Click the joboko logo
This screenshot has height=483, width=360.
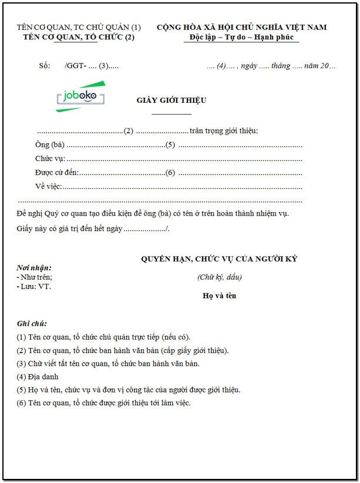pos(80,96)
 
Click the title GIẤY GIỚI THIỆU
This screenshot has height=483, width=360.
pos(171,100)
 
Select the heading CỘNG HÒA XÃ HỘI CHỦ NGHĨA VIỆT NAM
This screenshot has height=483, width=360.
pos(241,27)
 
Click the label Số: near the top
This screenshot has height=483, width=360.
pos(45,66)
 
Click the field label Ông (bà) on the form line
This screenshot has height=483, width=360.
pos(49,145)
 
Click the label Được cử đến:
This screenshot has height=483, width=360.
pos(56,173)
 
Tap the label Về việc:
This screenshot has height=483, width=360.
pos(48,187)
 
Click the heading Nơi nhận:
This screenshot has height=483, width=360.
pos(35,267)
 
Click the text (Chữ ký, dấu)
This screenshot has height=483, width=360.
pos(219,277)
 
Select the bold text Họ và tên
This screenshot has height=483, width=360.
pos(219,296)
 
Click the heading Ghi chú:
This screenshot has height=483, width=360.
pos(32,324)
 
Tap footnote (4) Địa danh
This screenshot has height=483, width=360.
pos(38,376)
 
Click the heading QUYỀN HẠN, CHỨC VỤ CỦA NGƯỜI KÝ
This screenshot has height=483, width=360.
pos(219,259)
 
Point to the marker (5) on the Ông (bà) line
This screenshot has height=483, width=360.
pos(170,145)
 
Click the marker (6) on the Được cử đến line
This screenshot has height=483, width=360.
pos(170,173)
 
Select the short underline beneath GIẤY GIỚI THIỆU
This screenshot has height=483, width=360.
pos(171,113)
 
